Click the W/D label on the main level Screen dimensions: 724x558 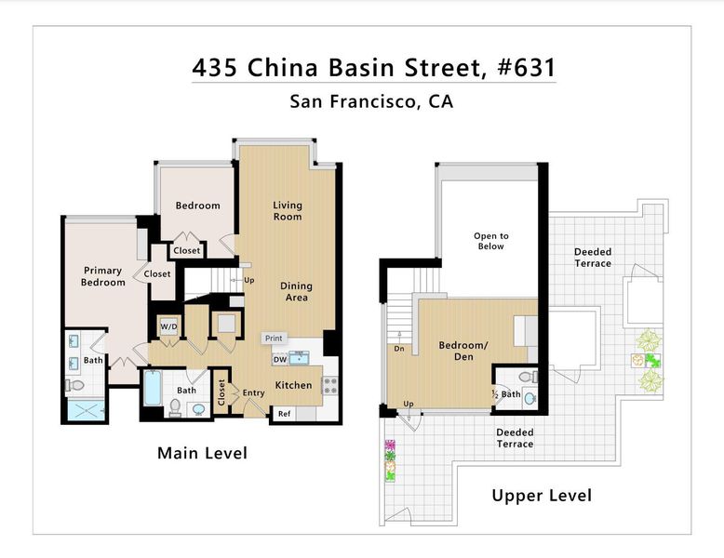[x=168, y=326]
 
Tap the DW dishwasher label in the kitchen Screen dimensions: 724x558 [x=280, y=360]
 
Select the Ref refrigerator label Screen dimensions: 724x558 [x=284, y=414]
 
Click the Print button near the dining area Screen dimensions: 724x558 [x=274, y=339]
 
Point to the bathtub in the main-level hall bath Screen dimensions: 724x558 [x=153, y=388]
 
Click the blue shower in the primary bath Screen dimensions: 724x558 [x=86, y=410]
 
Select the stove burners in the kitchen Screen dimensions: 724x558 [x=330, y=386]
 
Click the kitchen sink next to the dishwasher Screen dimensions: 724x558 [x=300, y=358]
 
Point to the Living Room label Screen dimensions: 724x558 [x=288, y=211]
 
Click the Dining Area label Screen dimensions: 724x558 [x=296, y=292]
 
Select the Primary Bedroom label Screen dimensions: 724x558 [x=102, y=276]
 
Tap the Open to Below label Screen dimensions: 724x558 [x=490, y=241]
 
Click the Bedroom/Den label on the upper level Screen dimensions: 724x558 [x=463, y=351]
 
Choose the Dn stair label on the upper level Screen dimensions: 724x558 [x=399, y=349]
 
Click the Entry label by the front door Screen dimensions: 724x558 [x=253, y=392]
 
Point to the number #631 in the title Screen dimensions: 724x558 [x=527, y=67]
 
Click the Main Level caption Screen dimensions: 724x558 [x=202, y=453]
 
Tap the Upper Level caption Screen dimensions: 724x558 [x=542, y=496]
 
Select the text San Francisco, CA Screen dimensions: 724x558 [x=371, y=101]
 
